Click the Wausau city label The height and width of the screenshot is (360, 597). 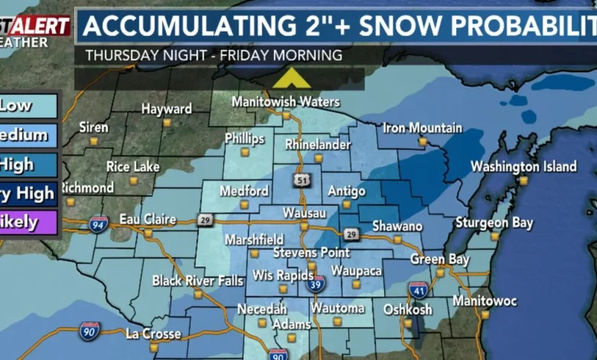point(304,212)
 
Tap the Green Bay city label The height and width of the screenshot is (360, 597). point(439,259)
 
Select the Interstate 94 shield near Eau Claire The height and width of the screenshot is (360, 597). point(98,224)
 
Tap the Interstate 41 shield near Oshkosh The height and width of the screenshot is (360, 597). point(417,289)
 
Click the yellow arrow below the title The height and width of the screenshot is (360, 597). point(291,79)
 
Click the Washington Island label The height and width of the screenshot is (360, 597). point(524,166)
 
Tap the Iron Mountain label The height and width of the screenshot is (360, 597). point(422,128)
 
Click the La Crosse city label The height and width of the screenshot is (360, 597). point(153,334)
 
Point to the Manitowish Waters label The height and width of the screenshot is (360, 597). point(285,102)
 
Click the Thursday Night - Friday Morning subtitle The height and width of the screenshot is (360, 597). point(214,55)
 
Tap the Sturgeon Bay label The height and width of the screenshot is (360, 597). point(494,223)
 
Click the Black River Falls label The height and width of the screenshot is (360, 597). point(197,280)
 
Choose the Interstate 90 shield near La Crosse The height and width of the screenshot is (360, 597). point(90,331)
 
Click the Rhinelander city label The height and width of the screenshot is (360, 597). point(318,144)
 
